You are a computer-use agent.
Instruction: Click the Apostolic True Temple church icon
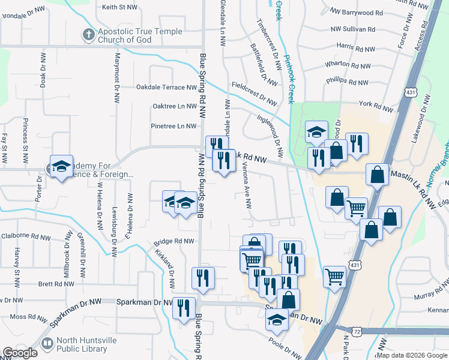[88, 35]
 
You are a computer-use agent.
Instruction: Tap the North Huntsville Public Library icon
[47, 343]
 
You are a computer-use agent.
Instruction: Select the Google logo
[20, 353]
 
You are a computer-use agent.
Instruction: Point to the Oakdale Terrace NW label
[166, 87]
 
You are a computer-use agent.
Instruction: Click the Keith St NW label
[120, 7]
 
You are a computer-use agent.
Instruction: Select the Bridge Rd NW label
[174, 241]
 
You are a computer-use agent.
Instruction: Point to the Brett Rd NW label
[55, 284]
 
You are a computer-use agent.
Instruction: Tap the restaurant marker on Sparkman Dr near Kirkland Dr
[183, 308]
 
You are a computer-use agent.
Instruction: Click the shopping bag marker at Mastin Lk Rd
[377, 175]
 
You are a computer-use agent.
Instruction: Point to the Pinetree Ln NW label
[175, 126]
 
